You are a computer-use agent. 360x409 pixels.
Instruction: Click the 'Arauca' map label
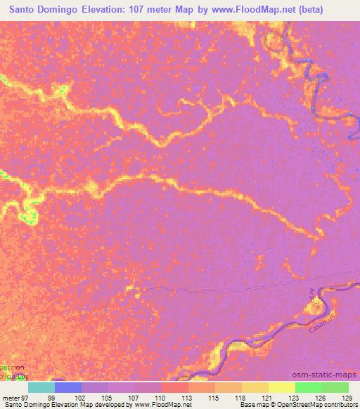[314, 298]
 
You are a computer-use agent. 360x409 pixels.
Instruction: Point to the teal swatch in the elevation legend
[41, 387]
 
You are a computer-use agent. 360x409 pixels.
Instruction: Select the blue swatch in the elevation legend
[68, 387]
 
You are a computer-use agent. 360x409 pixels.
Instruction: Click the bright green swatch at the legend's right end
[335, 387]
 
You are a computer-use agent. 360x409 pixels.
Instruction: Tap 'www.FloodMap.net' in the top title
[257, 11]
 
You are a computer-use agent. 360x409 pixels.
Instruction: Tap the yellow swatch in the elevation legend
[281, 387]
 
